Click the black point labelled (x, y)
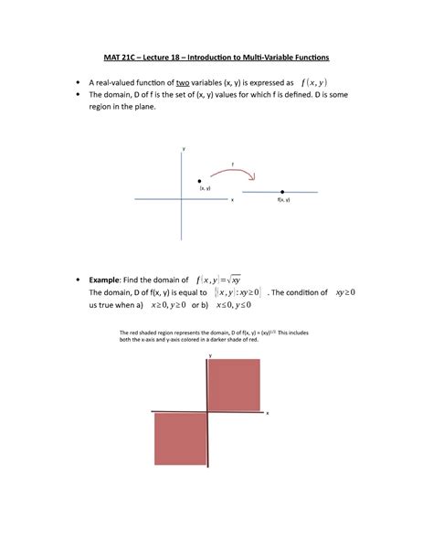tap(199, 180)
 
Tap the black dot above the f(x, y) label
tap(283, 192)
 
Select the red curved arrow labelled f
tap(233, 170)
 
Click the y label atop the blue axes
tap(184, 148)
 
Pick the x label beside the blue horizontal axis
tap(232, 199)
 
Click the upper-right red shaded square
tap(237, 386)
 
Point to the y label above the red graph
tap(209, 354)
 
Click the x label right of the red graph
tap(268, 413)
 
